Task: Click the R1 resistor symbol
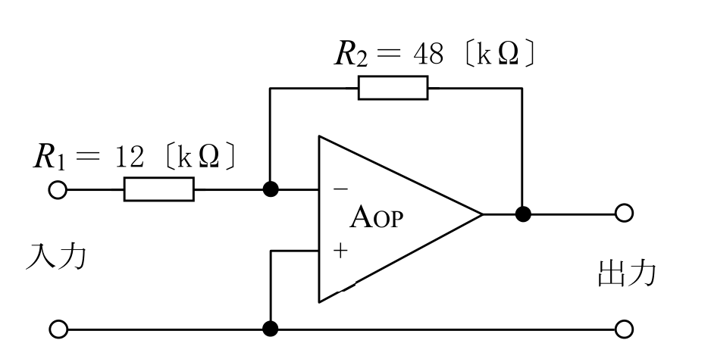[158, 189]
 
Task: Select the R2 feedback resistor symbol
[393, 88]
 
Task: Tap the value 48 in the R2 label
[428, 55]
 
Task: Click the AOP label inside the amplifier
[376, 217]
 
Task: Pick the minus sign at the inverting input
[340, 189]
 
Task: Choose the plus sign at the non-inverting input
[340, 251]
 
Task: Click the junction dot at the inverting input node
[271, 189]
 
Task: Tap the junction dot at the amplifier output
[523, 214]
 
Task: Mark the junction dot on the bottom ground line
[271, 329]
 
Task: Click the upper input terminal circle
[58, 190]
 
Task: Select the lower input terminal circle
[58, 329]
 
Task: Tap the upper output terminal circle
[624, 213]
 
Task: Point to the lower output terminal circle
[624, 329]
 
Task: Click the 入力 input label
[55, 257]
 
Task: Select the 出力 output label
[627, 273]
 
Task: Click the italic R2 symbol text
[351, 55]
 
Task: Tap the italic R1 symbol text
[49, 158]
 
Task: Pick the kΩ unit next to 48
[498, 55]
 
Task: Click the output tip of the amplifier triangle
[482, 214]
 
